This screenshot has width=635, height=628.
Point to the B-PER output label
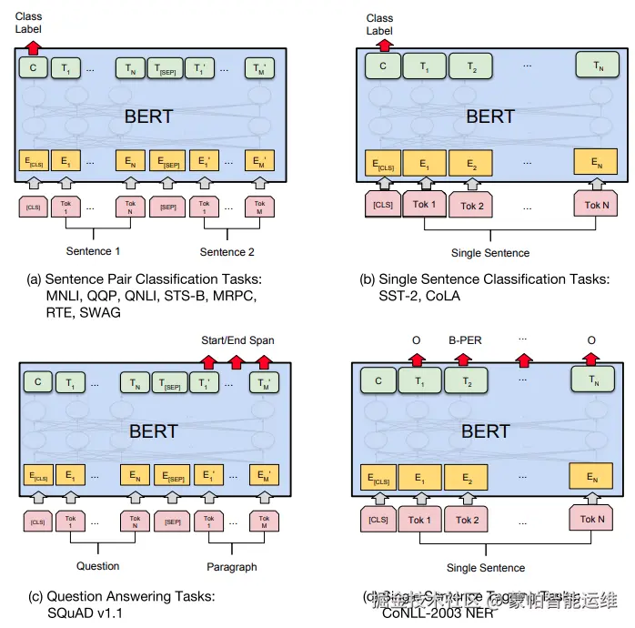(x=465, y=340)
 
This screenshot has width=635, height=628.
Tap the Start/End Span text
(x=237, y=340)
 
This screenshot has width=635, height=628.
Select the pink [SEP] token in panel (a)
(x=166, y=207)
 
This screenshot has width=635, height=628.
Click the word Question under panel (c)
(x=97, y=565)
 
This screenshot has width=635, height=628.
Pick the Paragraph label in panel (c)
(x=232, y=566)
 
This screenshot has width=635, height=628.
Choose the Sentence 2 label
(x=227, y=251)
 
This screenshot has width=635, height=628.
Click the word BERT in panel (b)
(x=490, y=116)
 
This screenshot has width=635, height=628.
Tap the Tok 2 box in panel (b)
(x=472, y=206)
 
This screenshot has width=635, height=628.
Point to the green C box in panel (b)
(x=383, y=66)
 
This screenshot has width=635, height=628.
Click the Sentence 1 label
(x=94, y=251)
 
